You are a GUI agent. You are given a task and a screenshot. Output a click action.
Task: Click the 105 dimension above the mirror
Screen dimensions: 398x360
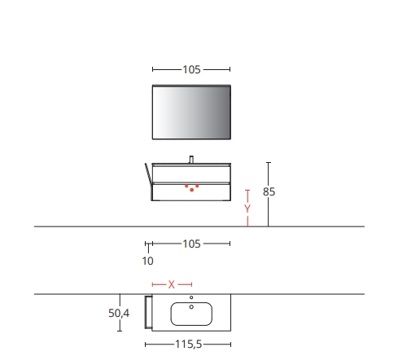pyautogui.click(x=191, y=69)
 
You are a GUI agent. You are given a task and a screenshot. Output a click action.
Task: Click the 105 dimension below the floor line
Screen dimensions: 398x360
pyautogui.click(x=191, y=244)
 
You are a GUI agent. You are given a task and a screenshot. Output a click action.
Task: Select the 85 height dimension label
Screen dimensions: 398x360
pyautogui.click(x=269, y=191)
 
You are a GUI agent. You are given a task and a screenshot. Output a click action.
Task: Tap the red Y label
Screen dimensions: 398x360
pyautogui.click(x=247, y=209)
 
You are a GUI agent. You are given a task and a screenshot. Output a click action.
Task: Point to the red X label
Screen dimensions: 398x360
pyautogui.click(x=172, y=284)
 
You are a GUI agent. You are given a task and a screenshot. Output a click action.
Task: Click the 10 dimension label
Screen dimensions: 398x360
pyautogui.click(x=148, y=261)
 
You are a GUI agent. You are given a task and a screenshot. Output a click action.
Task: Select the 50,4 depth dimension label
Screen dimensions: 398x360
pyautogui.click(x=119, y=313)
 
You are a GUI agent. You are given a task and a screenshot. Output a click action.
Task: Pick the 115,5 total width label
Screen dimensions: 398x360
pyautogui.click(x=189, y=345)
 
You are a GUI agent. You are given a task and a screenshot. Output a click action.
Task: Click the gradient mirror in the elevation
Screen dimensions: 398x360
pyautogui.click(x=191, y=112)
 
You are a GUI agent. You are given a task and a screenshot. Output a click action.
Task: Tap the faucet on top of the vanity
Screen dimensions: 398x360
pyautogui.click(x=191, y=160)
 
